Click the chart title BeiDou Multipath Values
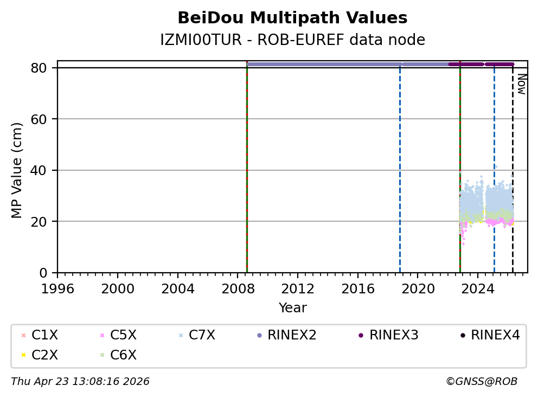point(292,18)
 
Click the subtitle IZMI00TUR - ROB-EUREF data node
point(292,40)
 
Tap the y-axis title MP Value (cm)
point(17,170)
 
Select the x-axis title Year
point(292,308)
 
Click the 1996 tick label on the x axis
point(58,288)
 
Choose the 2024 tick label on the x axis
point(477,288)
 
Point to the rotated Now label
point(521,84)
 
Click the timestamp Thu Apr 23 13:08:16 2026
point(80,382)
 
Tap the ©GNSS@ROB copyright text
point(482,382)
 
